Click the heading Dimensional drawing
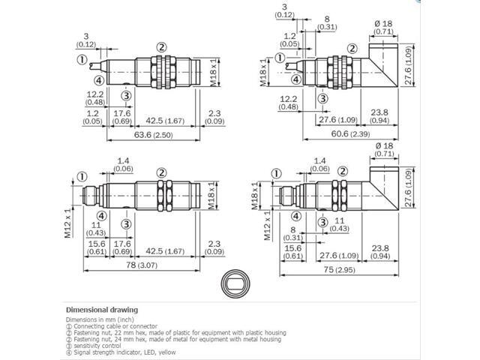(102, 310)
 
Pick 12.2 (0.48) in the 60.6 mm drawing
(286, 102)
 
